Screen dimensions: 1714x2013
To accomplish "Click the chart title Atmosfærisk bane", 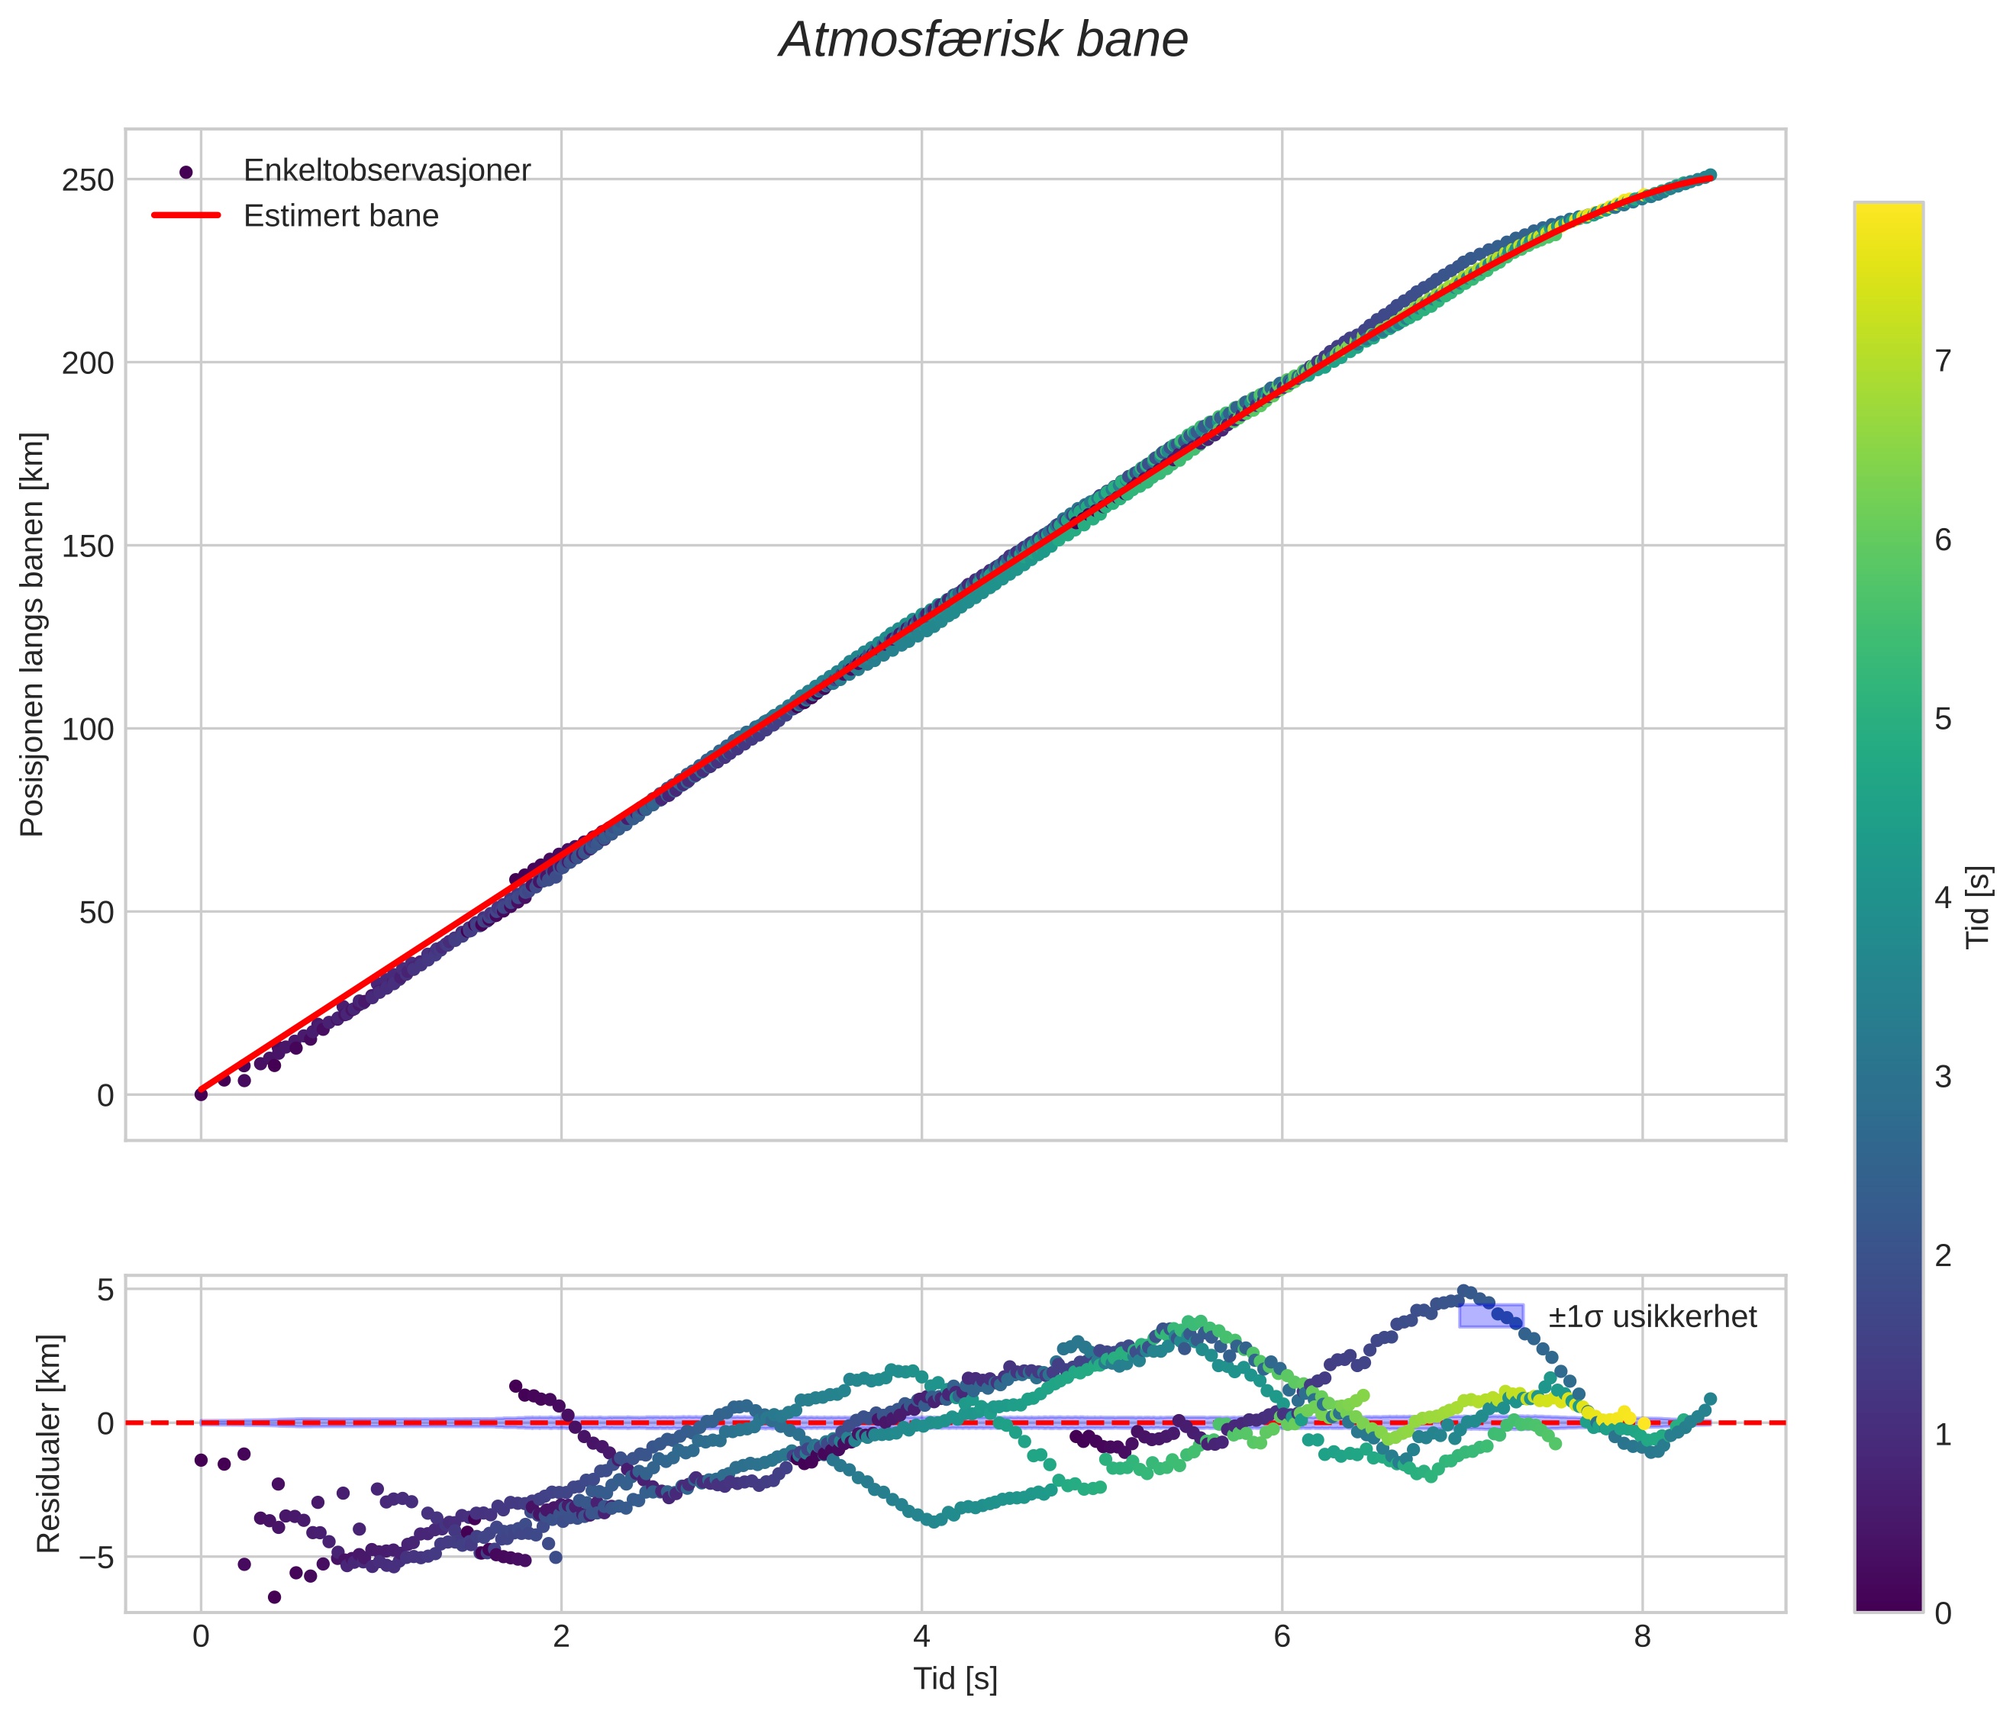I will point(983,40).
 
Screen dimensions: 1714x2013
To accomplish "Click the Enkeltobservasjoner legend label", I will point(387,171).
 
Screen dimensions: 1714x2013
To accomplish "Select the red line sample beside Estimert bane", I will point(186,215).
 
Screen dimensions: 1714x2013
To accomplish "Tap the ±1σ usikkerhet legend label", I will point(1652,1317).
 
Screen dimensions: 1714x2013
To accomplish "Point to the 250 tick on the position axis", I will point(88,179).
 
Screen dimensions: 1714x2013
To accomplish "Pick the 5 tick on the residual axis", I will point(105,1290).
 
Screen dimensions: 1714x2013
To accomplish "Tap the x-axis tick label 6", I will point(1282,1637).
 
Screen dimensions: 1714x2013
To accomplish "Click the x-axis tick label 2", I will point(562,1637).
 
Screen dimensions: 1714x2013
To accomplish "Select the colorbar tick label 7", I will point(1943,361).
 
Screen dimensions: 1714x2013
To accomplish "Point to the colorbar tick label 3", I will point(1943,1077).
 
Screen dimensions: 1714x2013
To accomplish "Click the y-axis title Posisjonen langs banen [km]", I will point(32,634).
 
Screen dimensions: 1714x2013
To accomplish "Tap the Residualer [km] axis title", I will point(49,1444).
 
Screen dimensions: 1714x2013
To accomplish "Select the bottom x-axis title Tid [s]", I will point(955,1679).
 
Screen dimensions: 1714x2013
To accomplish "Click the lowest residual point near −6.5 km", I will point(275,1596).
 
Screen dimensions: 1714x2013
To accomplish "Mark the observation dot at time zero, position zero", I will point(201,1094).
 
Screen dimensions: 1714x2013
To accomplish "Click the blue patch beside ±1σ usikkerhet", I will point(1490,1316).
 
